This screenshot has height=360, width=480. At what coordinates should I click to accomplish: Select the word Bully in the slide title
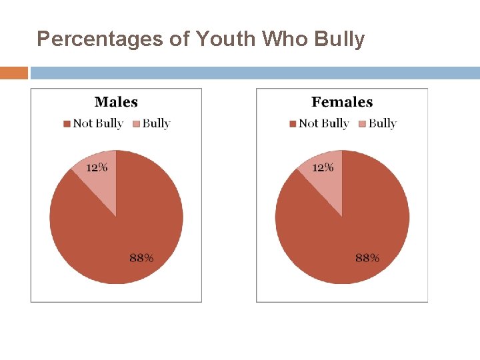[339, 39]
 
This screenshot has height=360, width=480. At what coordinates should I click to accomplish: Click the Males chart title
[116, 102]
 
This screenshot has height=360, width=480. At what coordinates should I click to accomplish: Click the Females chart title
[342, 102]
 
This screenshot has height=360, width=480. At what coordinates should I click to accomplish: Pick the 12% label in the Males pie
[97, 167]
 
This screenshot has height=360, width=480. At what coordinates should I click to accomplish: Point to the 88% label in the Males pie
[141, 258]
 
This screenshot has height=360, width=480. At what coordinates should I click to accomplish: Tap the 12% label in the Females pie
[323, 167]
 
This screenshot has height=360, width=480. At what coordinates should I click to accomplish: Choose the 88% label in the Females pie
[367, 258]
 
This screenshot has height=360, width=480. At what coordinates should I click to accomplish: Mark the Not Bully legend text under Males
[98, 123]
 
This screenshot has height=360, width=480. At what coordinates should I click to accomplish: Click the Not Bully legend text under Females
[324, 123]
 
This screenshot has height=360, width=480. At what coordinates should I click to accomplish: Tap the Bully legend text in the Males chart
[156, 123]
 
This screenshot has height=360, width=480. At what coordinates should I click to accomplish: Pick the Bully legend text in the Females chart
[382, 123]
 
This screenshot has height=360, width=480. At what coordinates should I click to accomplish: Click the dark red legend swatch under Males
[67, 123]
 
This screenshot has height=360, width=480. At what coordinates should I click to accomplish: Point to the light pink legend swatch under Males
[136, 123]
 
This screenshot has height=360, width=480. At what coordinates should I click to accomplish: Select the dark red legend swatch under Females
[293, 123]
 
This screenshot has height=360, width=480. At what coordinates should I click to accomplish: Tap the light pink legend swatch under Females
[362, 123]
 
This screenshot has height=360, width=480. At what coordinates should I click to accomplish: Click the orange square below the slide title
[14, 73]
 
